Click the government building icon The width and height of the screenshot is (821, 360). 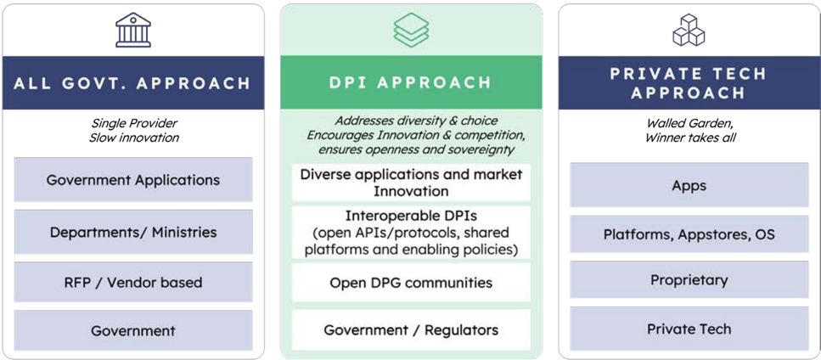[x=133, y=31]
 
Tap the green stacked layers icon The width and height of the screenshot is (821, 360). [x=411, y=30]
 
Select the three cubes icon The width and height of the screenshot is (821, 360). [x=689, y=30]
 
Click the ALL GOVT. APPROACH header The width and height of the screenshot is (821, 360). [x=133, y=83]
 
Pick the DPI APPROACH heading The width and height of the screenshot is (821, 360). [x=411, y=82]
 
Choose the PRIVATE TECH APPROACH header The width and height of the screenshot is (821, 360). [x=689, y=82]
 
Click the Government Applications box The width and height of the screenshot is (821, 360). [x=133, y=180]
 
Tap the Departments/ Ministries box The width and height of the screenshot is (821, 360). [x=133, y=232]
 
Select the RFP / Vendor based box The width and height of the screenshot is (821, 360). [x=133, y=283]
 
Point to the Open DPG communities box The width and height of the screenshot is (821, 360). [x=411, y=283]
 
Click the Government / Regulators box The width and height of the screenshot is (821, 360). [x=411, y=330]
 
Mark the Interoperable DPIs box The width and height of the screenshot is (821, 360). [x=411, y=233]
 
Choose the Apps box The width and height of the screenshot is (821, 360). [x=689, y=185]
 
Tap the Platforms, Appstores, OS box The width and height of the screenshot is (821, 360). [x=689, y=233]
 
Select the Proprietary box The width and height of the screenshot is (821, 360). [x=689, y=280]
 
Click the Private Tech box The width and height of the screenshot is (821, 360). [x=689, y=329]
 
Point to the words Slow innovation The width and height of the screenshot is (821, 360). [x=133, y=138]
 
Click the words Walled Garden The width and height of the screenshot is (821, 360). [x=689, y=123]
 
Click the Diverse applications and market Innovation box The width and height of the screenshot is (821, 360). [x=411, y=182]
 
